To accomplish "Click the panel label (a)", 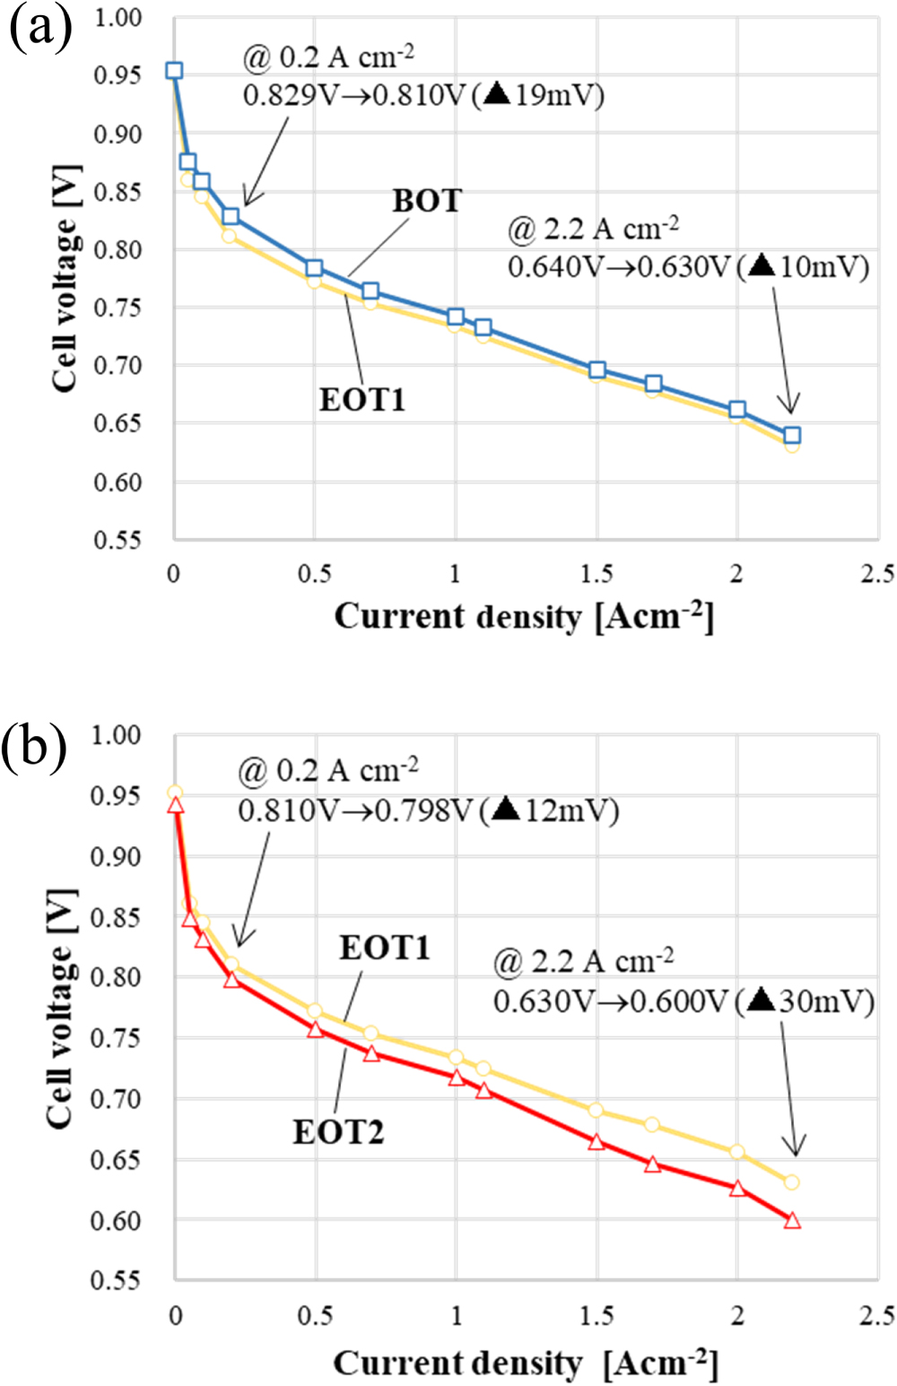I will [x=39, y=27].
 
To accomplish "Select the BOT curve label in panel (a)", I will [x=427, y=201].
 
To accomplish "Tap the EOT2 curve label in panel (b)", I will [x=338, y=1132].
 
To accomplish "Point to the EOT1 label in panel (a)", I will [x=362, y=399].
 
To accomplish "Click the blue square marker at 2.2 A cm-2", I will [x=792, y=436].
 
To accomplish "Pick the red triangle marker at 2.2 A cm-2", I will [x=792, y=1220].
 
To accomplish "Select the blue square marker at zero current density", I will [x=174, y=71].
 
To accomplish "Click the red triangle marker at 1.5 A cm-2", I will [x=597, y=1142].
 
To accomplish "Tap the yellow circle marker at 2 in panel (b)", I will [x=737, y=1152].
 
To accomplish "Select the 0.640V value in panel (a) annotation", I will [x=554, y=267].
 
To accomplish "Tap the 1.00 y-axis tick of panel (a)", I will [x=118, y=19].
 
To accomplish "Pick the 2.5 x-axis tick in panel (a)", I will [x=877, y=574].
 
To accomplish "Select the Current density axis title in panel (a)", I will [x=524, y=618].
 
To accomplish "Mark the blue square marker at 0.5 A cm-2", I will [x=314, y=269].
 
